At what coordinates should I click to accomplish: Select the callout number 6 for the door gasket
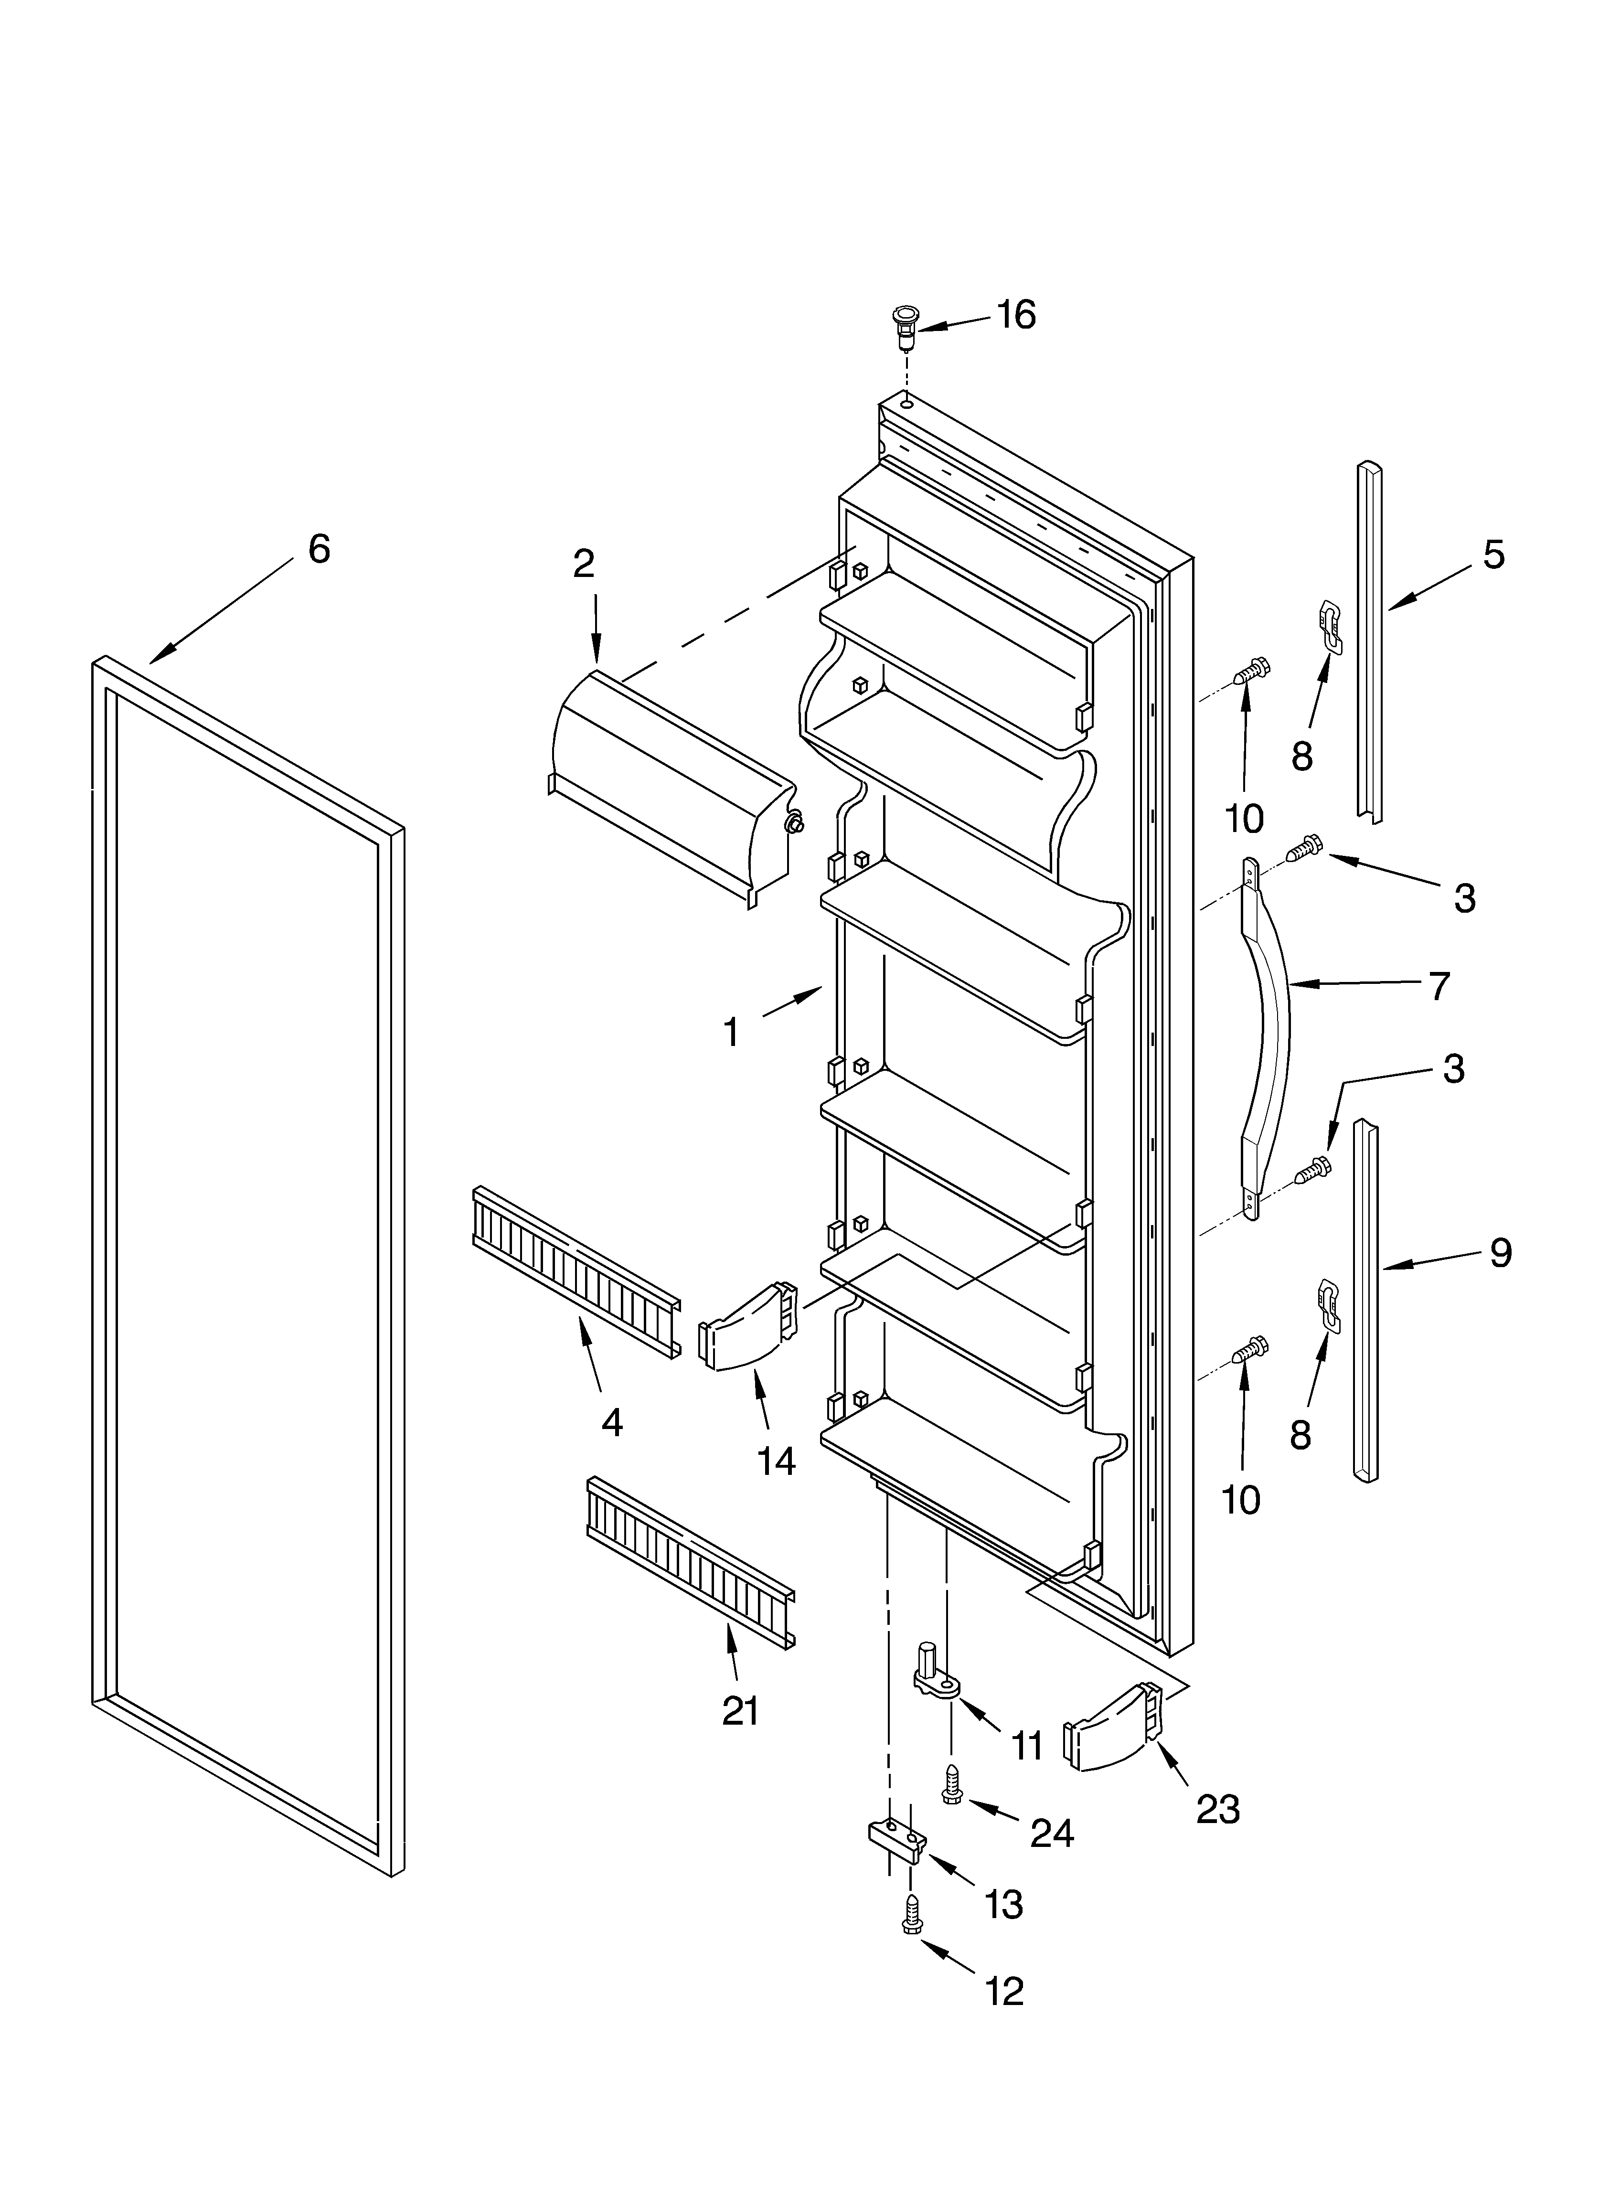319,549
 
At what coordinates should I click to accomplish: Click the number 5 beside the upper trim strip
1493,555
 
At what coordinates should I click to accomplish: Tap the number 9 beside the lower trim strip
1500,1252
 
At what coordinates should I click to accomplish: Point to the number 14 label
776,1461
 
